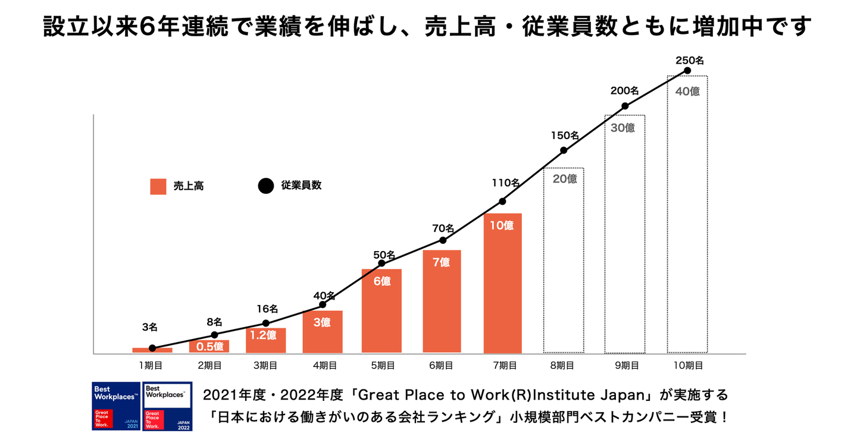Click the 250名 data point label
tap(690, 60)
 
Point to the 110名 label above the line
tap(505, 183)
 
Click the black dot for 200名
tap(625, 106)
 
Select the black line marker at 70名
tap(443, 240)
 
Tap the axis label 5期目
tap(382, 366)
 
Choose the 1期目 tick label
tap(150, 366)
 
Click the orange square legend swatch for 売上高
tap(158, 186)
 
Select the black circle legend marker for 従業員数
tap(265, 186)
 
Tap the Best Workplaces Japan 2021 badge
tap(116, 406)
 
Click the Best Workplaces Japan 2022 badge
tap(168, 406)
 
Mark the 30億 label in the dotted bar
tap(623, 127)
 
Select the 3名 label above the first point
tap(150, 327)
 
